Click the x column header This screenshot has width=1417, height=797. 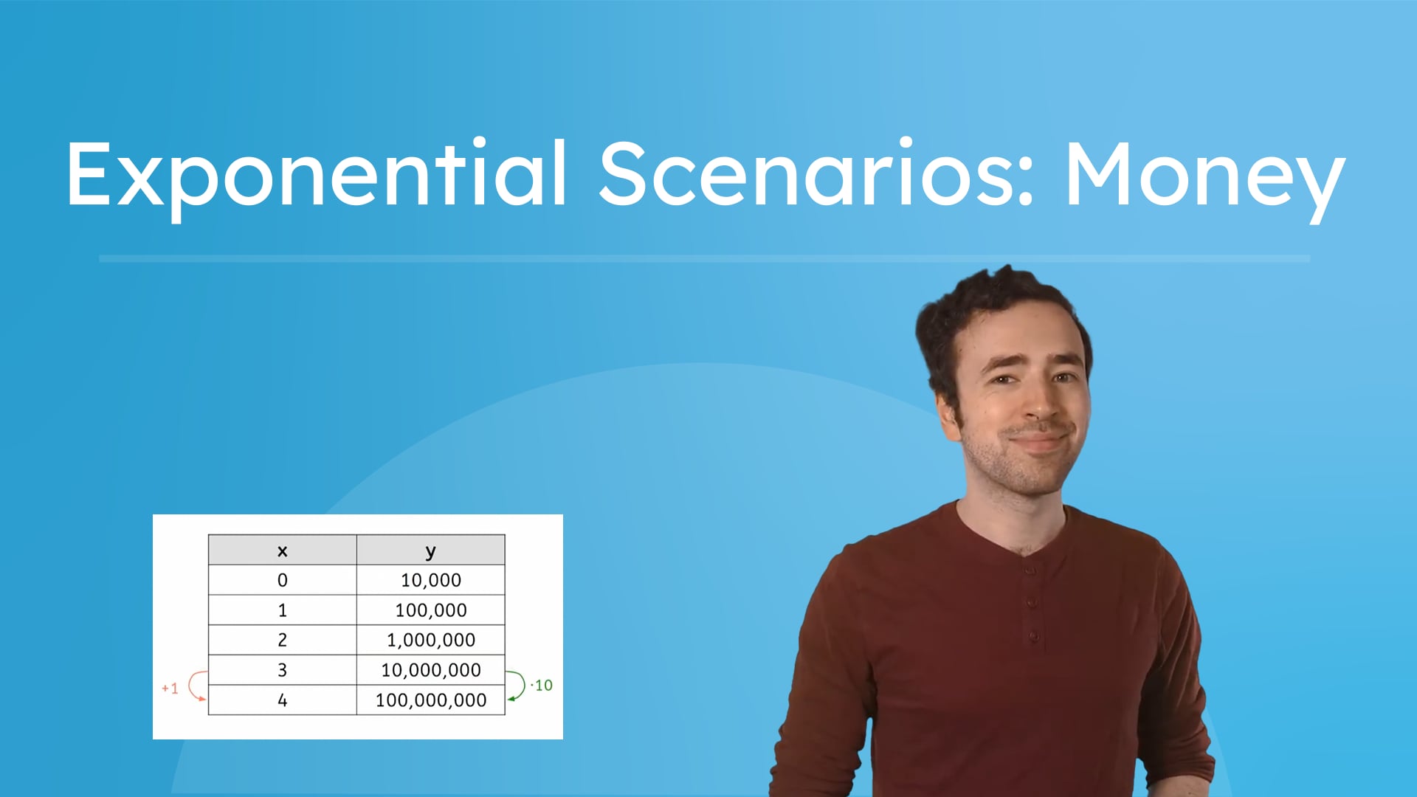[282, 551]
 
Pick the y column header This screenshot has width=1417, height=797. [430, 551]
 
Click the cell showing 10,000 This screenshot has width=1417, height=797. [430, 581]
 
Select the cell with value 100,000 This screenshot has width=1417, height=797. [430, 610]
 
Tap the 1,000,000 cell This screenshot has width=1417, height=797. [430, 641]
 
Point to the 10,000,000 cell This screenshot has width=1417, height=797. [430, 670]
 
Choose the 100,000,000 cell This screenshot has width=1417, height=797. [430, 700]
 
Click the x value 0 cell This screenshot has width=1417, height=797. [282, 581]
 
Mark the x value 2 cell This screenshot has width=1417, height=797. [282, 641]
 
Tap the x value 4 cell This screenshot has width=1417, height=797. [282, 700]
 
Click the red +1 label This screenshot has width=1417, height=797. [170, 689]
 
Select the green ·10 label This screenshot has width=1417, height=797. [542, 686]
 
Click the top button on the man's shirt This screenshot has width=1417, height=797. [1029, 570]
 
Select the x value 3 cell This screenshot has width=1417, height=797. [282, 670]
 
